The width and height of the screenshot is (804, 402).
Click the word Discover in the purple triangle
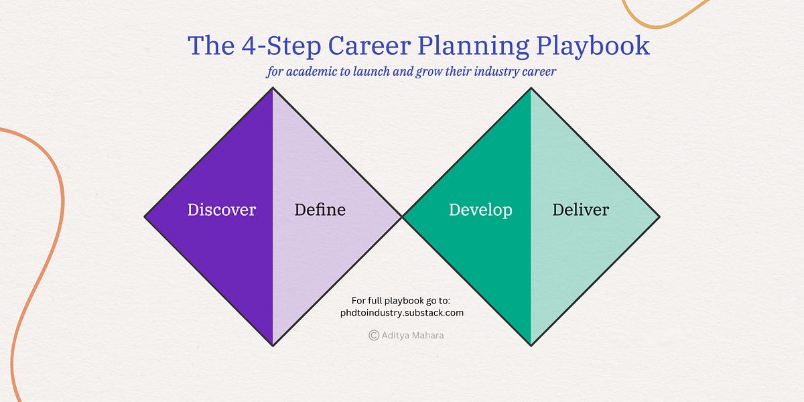point(221,210)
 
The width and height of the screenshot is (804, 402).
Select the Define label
point(320,210)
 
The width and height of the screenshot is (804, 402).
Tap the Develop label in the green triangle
point(480,210)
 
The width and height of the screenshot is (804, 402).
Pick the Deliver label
point(580,210)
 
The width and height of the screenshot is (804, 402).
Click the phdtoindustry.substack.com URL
point(402,312)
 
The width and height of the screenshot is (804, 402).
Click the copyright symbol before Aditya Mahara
point(374,335)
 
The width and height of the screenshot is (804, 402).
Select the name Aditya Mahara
point(412,335)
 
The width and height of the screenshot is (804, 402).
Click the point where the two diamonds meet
point(402,216)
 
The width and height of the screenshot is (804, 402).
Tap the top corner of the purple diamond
point(273,88)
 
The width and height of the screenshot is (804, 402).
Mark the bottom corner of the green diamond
point(531,345)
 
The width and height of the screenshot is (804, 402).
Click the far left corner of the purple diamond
point(145,216)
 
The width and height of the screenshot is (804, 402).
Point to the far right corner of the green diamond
point(659,216)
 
